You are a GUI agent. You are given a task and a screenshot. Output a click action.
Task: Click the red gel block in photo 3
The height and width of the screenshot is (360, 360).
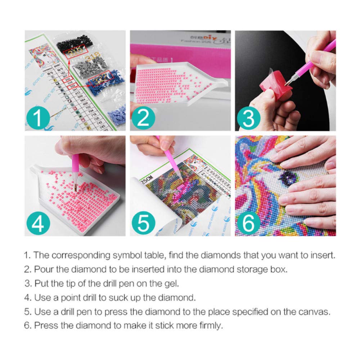(x=272, y=86)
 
